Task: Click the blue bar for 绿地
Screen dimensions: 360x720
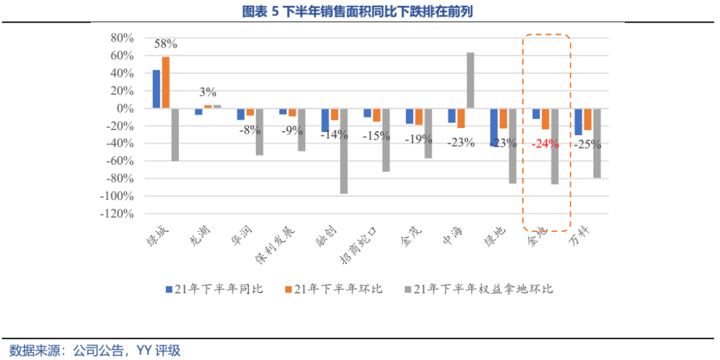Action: point(494,127)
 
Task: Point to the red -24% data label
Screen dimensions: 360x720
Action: point(545,143)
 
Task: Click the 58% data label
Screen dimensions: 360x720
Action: point(165,45)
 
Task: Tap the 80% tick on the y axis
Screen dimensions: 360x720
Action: point(123,38)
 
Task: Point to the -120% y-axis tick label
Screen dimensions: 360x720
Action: point(117,214)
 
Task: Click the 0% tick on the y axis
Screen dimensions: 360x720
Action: point(125,108)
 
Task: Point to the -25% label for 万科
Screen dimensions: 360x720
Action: point(587,143)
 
